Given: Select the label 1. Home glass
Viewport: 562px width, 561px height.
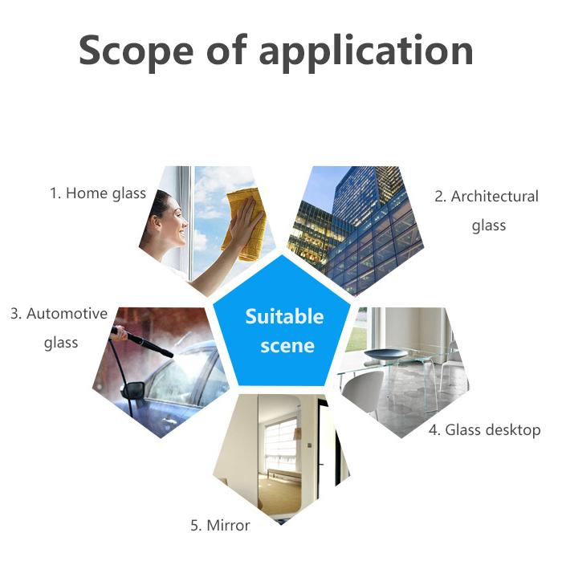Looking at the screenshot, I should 97,193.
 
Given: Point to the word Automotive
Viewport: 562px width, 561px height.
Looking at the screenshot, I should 67,314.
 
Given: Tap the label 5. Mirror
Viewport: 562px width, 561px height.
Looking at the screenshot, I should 220,526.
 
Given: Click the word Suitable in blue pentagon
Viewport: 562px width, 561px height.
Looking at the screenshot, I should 284,316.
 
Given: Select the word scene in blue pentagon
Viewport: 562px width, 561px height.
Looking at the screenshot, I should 287,347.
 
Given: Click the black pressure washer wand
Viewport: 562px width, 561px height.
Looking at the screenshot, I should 145,340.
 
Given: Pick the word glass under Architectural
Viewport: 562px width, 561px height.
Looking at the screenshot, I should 488,226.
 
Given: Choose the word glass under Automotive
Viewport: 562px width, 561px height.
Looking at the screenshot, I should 61,344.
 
